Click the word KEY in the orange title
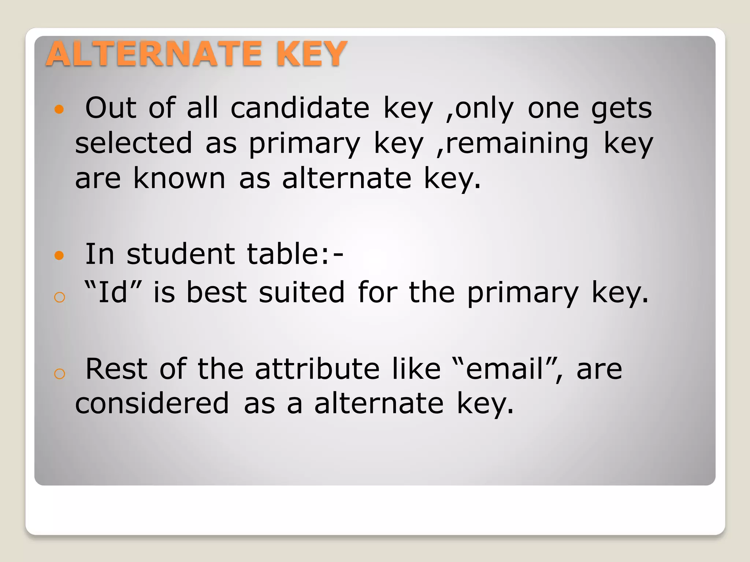(311, 54)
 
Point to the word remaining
(513, 143)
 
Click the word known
(179, 178)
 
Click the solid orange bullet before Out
(59, 109)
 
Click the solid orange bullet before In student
(59, 255)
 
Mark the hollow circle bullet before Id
(59, 297)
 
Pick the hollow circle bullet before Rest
(59, 374)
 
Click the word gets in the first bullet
(621, 109)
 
